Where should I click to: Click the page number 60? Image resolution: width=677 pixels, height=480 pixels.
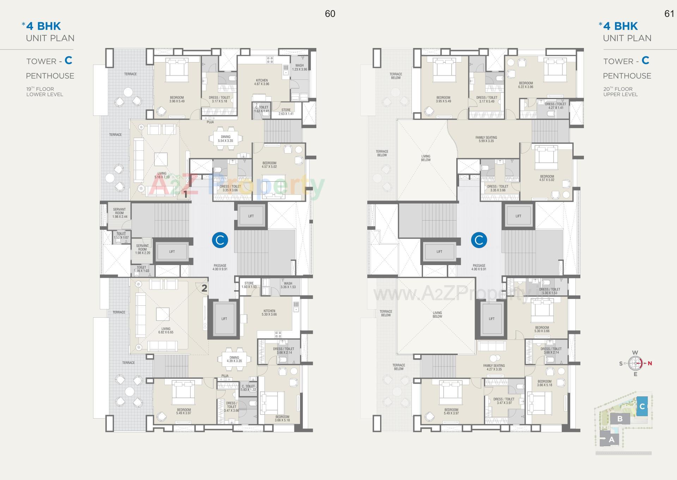(x=330, y=14)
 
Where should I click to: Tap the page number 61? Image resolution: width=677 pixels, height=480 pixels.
(x=669, y=14)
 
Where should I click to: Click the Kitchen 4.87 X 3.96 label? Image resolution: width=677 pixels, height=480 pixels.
(x=262, y=82)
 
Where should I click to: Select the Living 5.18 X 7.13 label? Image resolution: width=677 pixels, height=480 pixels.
(x=162, y=175)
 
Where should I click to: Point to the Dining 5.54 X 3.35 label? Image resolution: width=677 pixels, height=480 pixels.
(x=225, y=139)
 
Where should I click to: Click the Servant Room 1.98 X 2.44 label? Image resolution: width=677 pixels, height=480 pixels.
(x=120, y=213)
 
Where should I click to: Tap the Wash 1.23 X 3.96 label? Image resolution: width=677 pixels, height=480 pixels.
(x=299, y=67)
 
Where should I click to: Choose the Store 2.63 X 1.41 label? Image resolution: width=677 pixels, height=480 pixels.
(x=286, y=112)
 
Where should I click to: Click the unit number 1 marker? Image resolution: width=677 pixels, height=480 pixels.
(x=185, y=194)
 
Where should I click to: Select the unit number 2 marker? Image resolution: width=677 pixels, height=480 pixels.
(x=204, y=288)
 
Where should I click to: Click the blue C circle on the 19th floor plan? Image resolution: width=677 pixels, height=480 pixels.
(x=220, y=240)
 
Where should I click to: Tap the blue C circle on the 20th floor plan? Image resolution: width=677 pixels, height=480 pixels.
(x=479, y=240)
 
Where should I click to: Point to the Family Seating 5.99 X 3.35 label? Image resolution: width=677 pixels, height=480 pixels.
(x=486, y=139)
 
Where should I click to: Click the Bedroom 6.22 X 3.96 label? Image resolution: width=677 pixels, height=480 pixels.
(x=526, y=85)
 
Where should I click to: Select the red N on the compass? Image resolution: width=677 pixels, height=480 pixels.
(x=649, y=363)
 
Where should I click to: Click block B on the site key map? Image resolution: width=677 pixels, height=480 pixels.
(x=620, y=419)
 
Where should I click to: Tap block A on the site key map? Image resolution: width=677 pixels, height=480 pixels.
(x=611, y=440)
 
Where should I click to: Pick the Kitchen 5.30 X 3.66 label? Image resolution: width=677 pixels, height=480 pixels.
(x=269, y=313)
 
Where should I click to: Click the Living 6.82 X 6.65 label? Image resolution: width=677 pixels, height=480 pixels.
(x=166, y=330)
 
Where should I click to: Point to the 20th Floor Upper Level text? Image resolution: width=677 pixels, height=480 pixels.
(x=620, y=92)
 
